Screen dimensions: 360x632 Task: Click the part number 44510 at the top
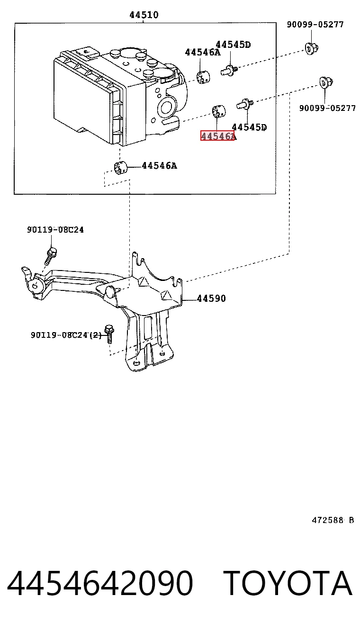(x=144, y=15)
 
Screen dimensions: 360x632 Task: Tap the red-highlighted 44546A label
(x=217, y=136)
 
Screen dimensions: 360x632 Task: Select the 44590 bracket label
(x=211, y=298)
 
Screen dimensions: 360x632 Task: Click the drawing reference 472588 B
(x=333, y=520)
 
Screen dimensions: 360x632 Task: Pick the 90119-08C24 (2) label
(x=66, y=335)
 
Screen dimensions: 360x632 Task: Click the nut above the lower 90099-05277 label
(x=326, y=82)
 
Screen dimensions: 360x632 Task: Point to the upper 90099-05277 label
(x=315, y=25)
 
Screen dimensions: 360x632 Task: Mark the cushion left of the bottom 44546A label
(x=121, y=168)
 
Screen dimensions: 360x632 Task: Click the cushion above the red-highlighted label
(x=219, y=111)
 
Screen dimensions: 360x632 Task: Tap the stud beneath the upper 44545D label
(x=229, y=70)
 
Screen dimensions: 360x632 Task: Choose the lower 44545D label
(x=249, y=127)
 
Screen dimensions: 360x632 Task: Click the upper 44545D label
(x=233, y=45)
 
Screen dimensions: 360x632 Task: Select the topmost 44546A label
(x=203, y=52)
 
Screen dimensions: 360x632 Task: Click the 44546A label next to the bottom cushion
(x=160, y=166)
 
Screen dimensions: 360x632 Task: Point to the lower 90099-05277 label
(x=327, y=108)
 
